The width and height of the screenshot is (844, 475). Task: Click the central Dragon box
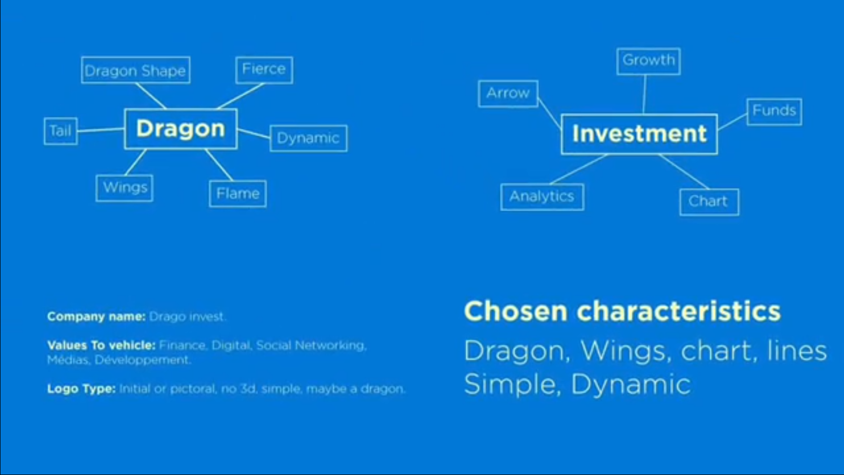click(181, 129)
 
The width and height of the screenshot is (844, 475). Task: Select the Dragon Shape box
click(136, 70)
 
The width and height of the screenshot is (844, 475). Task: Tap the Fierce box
click(264, 70)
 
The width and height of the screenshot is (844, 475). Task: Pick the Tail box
click(61, 131)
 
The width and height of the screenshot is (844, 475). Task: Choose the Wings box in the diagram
click(124, 188)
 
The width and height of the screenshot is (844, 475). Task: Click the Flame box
click(238, 194)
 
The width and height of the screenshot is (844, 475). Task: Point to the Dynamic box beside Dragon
click(309, 138)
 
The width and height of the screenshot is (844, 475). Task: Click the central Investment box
click(639, 134)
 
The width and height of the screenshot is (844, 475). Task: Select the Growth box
click(648, 62)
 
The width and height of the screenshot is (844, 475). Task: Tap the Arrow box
click(509, 94)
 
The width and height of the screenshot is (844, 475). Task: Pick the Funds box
click(774, 112)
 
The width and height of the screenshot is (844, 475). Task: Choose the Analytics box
click(543, 197)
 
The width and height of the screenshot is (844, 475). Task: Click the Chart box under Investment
click(709, 202)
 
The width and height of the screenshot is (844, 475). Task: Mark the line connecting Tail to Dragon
click(101, 130)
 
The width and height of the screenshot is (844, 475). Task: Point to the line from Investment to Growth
click(644, 94)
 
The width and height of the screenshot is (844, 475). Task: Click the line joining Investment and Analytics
click(579, 169)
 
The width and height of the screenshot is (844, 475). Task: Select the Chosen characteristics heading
click(623, 311)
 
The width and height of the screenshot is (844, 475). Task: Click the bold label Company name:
click(96, 317)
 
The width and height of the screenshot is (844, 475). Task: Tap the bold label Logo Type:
click(81, 388)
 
